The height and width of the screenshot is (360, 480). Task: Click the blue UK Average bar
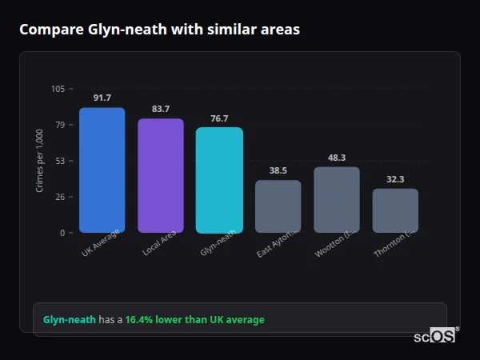[102, 170]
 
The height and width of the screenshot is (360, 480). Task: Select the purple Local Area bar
[161, 176]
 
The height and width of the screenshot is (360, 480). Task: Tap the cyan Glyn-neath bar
[219, 180]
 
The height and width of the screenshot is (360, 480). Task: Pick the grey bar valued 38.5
[278, 206]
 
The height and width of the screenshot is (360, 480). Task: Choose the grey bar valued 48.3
[337, 200]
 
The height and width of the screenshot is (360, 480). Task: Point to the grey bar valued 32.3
[395, 210]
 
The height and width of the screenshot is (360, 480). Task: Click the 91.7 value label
[102, 98]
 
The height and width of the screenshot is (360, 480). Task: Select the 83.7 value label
[161, 109]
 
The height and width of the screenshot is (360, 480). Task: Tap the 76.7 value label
[219, 118]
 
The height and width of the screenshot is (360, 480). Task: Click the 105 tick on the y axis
[58, 89]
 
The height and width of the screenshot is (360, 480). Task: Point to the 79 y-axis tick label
[60, 125]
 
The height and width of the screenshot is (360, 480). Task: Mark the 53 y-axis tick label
[60, 161]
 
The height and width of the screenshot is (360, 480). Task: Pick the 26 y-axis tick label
[60, 197]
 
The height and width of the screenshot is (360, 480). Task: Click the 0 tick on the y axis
[62, 233]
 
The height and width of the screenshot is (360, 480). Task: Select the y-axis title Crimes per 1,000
[40, 161]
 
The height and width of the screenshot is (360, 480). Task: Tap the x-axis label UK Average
[101, 242]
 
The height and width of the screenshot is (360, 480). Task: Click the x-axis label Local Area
[160, 242]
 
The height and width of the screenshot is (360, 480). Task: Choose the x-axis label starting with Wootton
[334, 243]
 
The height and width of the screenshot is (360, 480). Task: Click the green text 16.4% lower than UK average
[194, 320]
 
